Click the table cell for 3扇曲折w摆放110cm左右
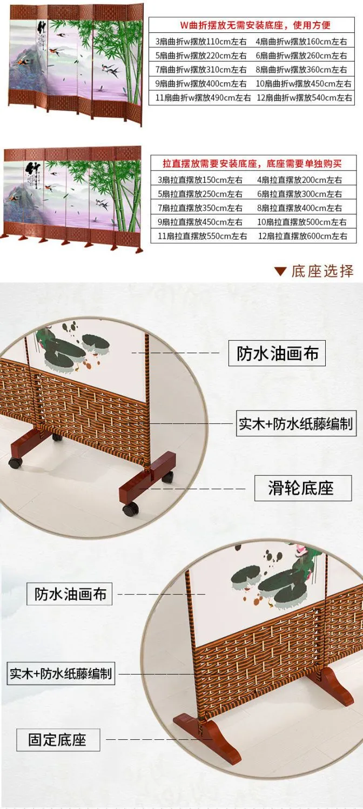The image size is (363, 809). point(201,42)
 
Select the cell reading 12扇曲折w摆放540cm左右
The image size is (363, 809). point(304,98)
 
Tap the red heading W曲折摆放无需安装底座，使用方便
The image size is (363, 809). point(256,25)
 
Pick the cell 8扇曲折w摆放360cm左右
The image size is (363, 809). point(301,69)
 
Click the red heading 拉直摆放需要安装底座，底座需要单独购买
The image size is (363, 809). point(252,164)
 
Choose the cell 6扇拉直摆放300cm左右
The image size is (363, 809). point(299,194)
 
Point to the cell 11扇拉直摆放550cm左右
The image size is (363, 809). point(202,236)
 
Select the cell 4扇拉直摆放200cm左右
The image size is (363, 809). point(299,180)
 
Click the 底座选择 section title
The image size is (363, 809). point(322,271)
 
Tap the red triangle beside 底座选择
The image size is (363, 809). point(280,271)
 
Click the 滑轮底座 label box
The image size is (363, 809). point(302,488)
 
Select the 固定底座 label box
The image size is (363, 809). point(58,740)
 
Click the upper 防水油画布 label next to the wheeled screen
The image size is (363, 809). point(277,353)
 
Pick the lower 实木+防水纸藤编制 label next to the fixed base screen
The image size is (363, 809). point(60,673)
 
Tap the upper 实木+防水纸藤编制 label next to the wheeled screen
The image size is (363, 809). point(296,423)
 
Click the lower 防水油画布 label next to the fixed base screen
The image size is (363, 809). point(69,594)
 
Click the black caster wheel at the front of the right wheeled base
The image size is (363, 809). point(130,509)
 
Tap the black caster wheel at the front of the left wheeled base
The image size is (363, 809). point(15,463)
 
